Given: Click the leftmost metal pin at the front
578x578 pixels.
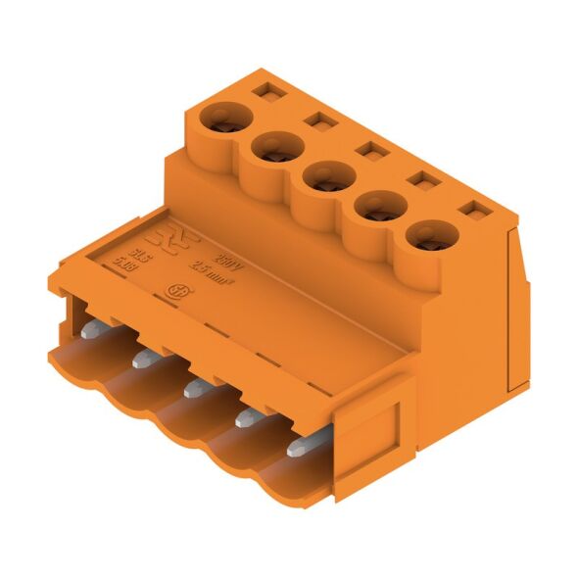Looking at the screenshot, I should [90, 331].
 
